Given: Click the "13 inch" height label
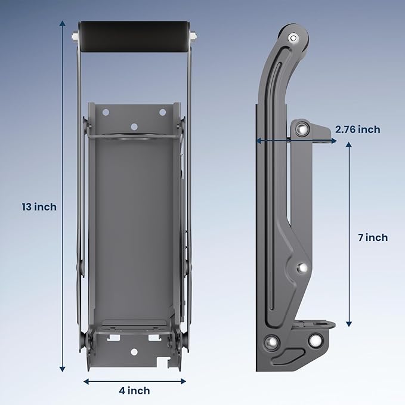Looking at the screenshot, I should pos(39,207).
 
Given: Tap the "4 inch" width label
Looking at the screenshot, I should pos(134,391).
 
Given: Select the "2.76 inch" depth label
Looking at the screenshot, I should pos(358,129).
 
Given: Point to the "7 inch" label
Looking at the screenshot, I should pos(373,237).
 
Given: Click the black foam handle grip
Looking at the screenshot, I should pos(134,37).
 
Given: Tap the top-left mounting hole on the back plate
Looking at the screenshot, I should pos(105,112).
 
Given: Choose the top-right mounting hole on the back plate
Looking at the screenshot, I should pos(162,112).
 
